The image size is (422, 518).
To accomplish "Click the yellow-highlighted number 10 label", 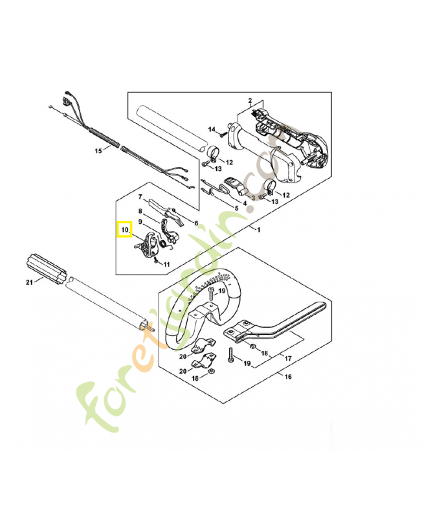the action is click(124, 230).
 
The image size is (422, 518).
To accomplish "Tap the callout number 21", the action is click(30, 282).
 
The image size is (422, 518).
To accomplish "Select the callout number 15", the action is click(98, 151).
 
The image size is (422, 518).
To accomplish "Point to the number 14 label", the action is click(212, 129).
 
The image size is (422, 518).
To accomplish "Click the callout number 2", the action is click(250, 100).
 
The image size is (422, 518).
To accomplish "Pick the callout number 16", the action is click(288, 377).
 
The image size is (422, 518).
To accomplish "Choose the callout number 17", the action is click(288, 358).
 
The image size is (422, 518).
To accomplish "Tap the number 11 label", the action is click(166, 264).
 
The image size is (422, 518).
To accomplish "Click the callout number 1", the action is click(258, 229).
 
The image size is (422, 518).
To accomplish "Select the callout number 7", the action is click(140, 197).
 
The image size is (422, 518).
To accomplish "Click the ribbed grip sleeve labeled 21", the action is click(46, 269).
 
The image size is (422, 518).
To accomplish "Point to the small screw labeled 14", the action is click(222, 135).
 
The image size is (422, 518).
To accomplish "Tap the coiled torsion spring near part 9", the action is click(162, 244).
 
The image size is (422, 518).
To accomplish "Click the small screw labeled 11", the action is click(155, 260).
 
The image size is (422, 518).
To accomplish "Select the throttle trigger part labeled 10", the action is click(145, 245).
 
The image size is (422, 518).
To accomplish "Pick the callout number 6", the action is click(197, 223).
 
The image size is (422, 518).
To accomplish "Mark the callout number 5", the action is click(236, 208).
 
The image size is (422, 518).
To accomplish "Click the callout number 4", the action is click(245, 203).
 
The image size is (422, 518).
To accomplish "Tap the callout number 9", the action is click(140, 221).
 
